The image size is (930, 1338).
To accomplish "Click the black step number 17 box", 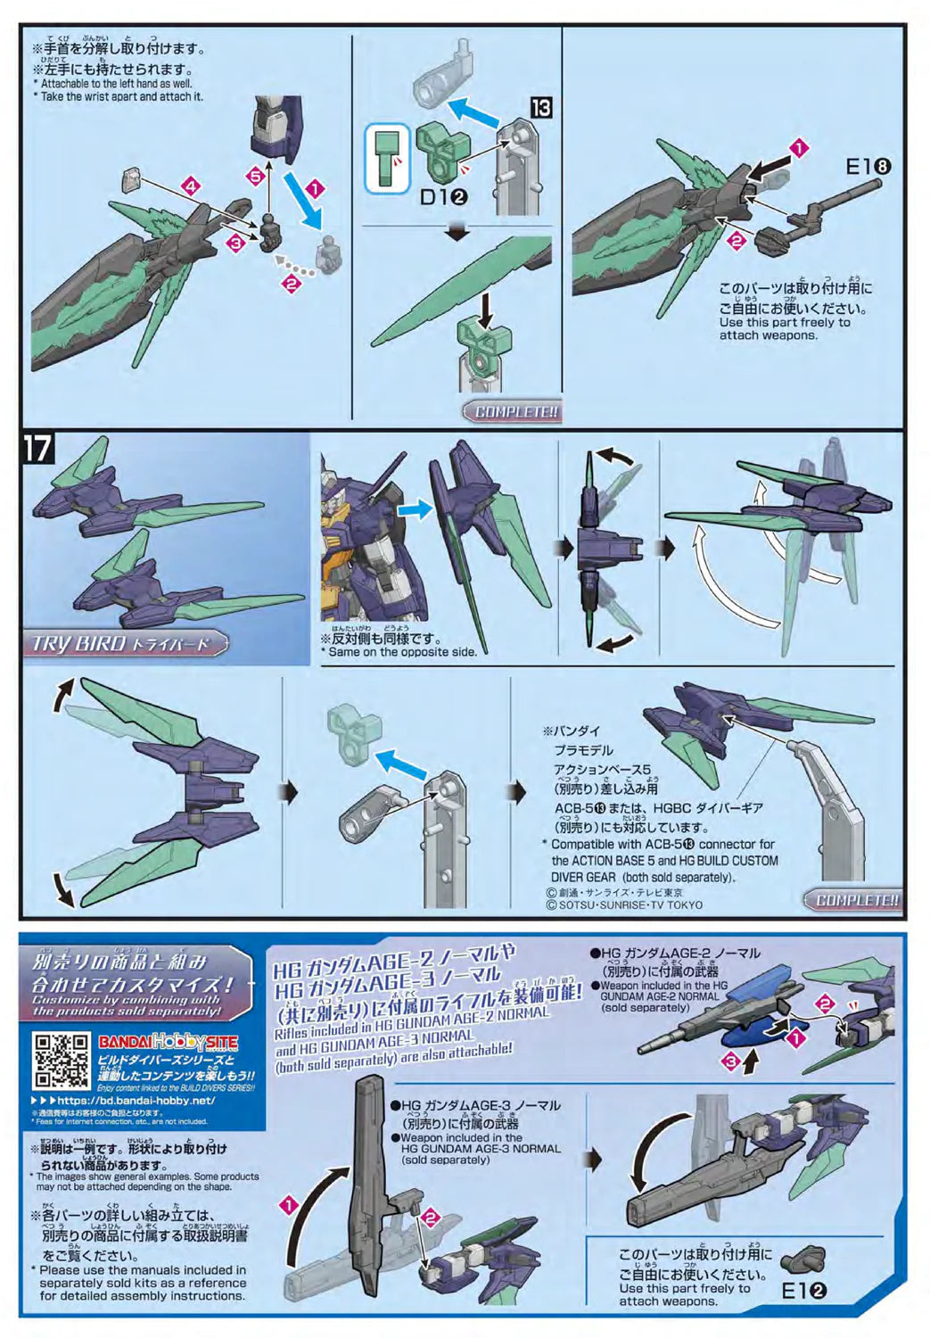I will point(37,448).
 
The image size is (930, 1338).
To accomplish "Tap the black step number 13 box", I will point(540,108).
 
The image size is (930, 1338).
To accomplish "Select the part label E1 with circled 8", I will point(868,165).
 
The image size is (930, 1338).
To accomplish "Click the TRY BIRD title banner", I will point(121,643).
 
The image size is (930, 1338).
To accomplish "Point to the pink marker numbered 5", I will point(257,176).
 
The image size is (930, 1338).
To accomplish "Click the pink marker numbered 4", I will point(188,186).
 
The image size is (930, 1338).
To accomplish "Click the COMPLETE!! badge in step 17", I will point(854,900).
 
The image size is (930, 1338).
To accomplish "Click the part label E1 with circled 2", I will point(803,1290).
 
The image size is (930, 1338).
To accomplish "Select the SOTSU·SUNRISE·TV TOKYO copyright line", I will point(624,904).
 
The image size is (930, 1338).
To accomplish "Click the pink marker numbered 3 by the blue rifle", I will point(731,1061).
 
